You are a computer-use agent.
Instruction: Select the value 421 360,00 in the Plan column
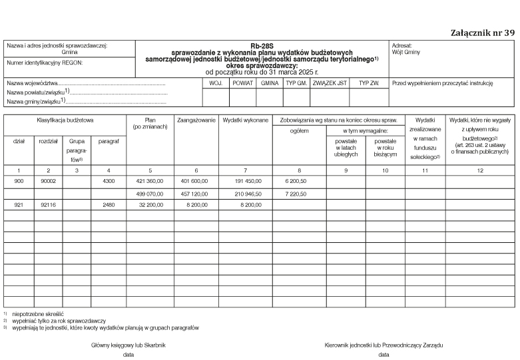coord(148,180)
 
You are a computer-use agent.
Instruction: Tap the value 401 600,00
coord(194,180)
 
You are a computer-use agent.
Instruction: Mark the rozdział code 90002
coord(48,180)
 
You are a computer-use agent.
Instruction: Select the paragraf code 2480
coord(109,205)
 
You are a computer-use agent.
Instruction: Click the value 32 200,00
coord(150,205)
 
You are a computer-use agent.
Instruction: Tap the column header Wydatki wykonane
coord(246,120)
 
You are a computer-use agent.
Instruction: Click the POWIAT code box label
coord(242,83)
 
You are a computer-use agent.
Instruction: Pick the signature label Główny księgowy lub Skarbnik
coord(128,345)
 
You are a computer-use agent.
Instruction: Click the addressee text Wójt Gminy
coord(406,52)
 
